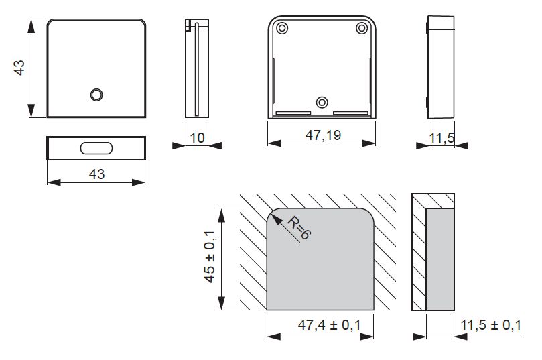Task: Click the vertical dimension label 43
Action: pyautogui.click(x=20, y=68)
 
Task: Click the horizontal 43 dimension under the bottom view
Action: pyautogui.click(x=96, y=174)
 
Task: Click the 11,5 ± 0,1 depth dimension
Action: pyautogui.click(x=490, y=326)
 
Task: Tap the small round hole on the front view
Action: pyautogui.click(x=96, y=95)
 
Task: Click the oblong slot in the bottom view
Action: pyautogui.click(x=96, y=148)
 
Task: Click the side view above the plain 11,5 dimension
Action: pyautogui.click(x=439, y=67)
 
